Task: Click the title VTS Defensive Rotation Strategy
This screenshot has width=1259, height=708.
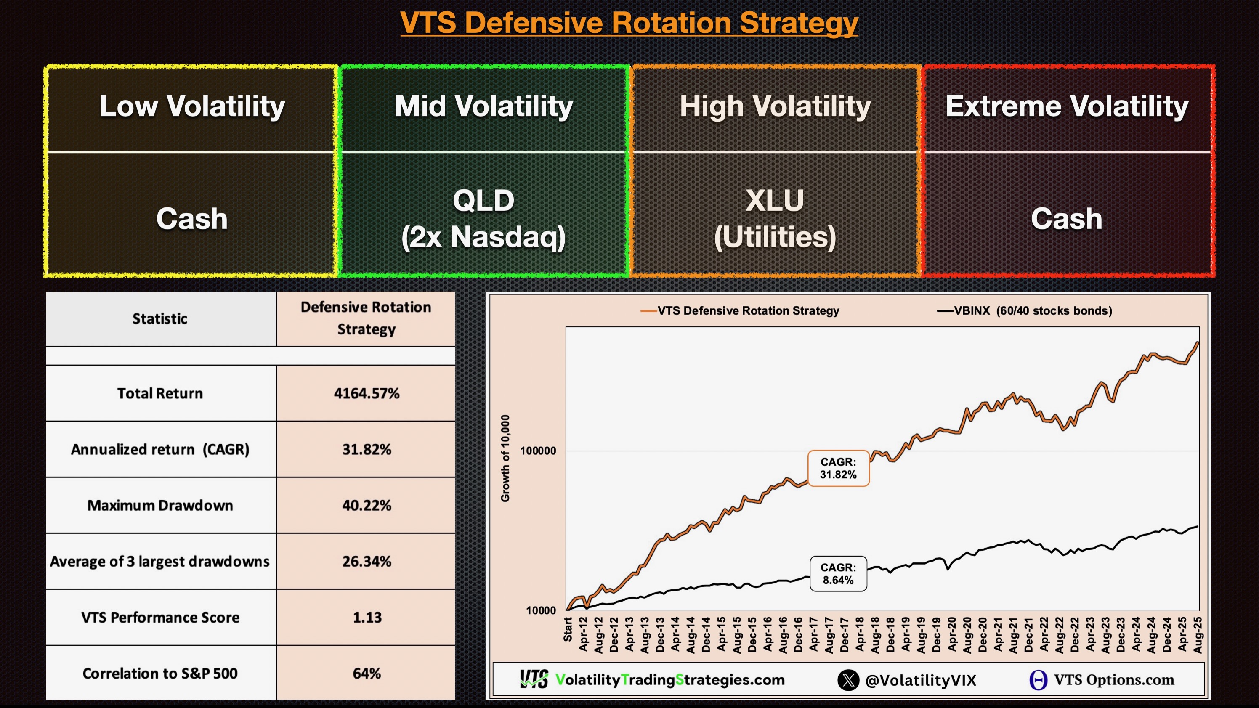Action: [629, 23]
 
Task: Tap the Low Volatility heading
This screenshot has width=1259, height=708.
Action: [192, 106]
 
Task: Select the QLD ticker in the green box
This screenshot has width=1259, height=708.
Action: [483, 201]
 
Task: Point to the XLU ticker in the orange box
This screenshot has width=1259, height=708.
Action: [775, 201]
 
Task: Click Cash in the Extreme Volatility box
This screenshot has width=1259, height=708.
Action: [1066, 218]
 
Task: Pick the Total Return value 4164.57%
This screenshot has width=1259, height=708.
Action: [367, 393]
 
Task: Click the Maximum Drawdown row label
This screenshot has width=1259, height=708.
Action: [160, 505]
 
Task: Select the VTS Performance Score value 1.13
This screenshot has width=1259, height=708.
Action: [367, 618]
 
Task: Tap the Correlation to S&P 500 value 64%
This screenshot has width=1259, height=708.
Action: [367, 674]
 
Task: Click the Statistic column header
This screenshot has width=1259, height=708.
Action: [160, 319]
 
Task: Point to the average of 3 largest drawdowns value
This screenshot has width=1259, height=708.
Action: [367, 562]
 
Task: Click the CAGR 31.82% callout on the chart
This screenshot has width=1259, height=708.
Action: [838, 468]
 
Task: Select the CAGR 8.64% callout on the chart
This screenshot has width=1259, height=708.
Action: [838, 574]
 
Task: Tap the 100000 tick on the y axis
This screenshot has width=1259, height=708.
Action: [538, 451]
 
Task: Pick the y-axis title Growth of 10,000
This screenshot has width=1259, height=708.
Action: [505, 458]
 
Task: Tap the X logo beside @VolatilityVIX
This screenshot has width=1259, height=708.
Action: [848, 680]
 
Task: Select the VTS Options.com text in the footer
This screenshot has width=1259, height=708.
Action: [1113, 680]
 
